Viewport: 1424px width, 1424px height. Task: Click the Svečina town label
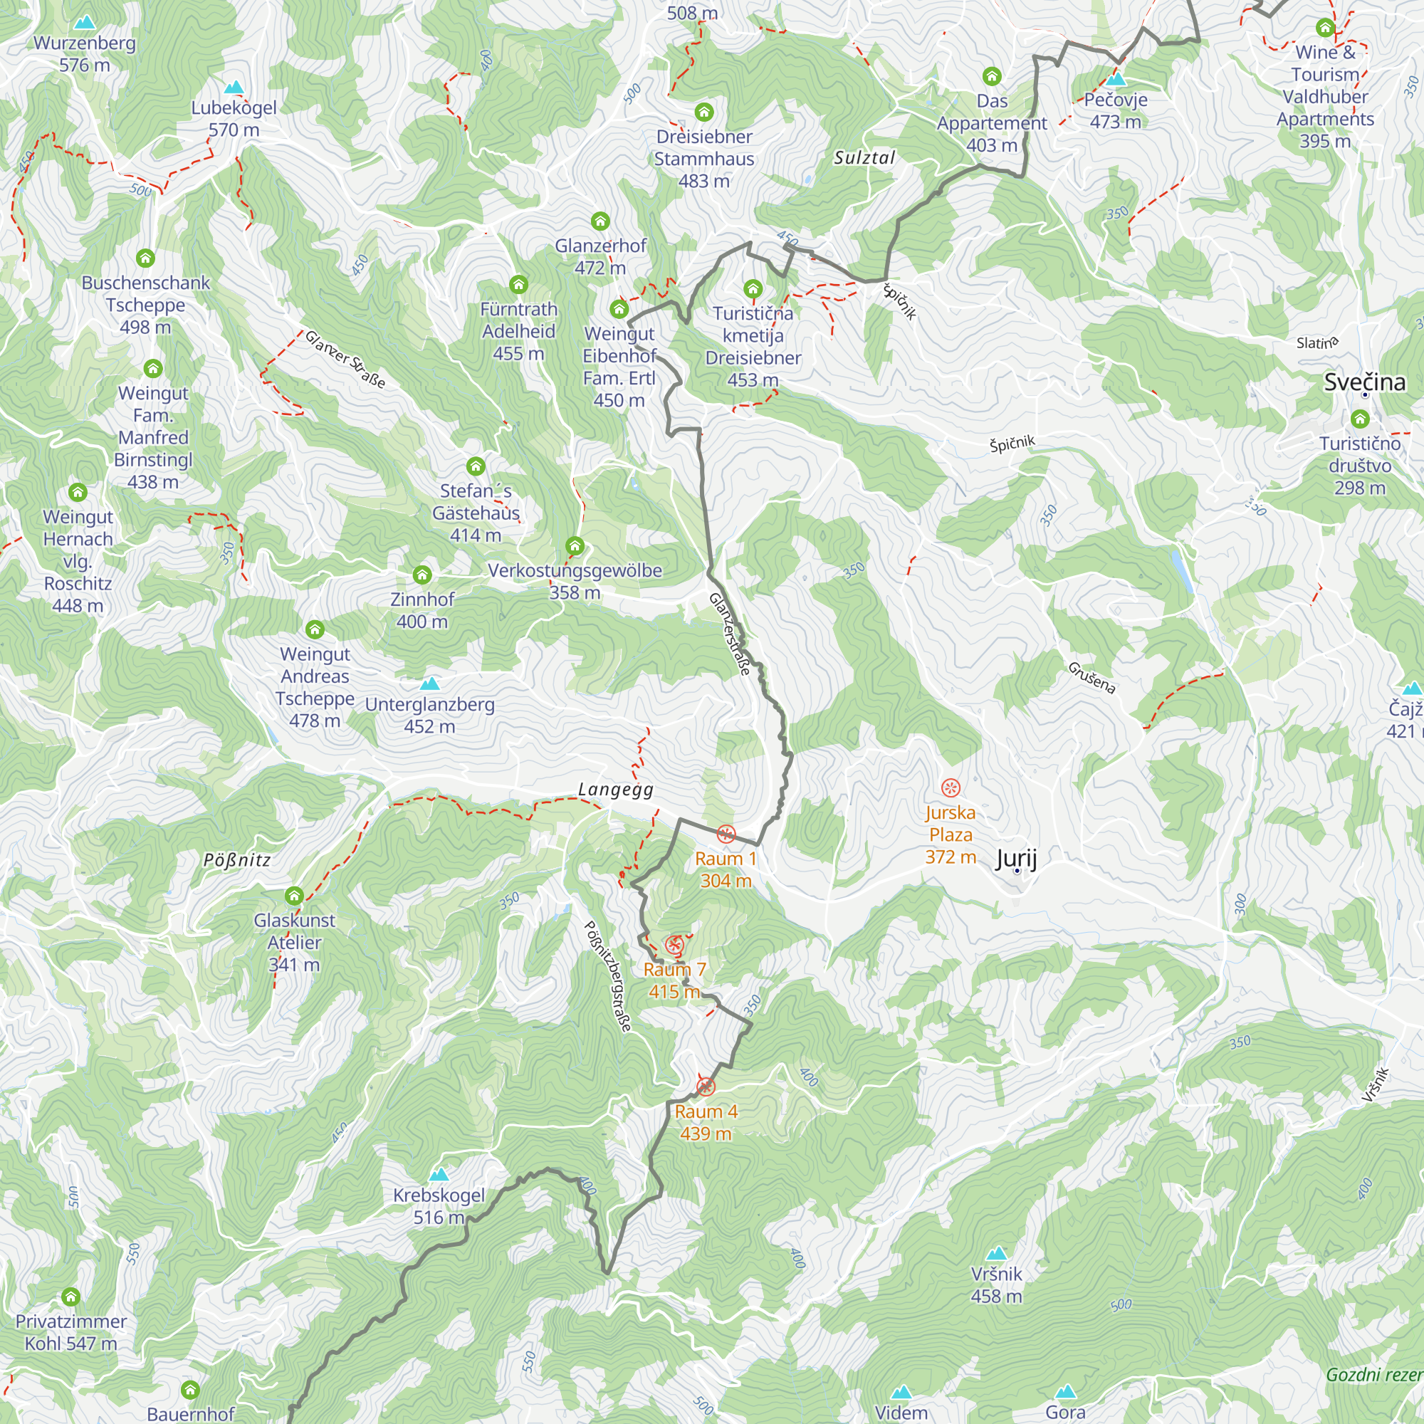pyautogui.click(x=1364, y=382)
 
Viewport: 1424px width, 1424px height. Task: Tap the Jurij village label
pyautogui.click(x=1016, y=859)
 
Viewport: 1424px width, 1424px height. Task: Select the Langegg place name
pyautogui.click(x=615, y=790)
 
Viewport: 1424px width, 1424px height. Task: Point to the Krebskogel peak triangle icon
pyautogui.click(x=439, y=1174)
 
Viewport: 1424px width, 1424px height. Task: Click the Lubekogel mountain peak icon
pyautogui.click(x=234, y=87)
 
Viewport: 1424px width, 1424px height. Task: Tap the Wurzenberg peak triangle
pyautogui.click(x=85, y=23)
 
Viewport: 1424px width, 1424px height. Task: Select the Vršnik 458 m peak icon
pyautogui.click(x=997, y=1253)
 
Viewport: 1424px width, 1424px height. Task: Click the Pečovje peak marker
pyautogui.click(x=1115, y=79)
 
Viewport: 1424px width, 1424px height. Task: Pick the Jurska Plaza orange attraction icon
pyautogui.click(x=951, y=788)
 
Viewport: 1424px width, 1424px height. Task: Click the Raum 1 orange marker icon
pyautogui.click(x=726, y=834)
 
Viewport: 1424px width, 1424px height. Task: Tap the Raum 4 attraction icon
pyautogui.click(x=706, y=1087)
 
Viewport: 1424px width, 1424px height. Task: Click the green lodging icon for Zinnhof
pyautogui.click(x=422, y=575)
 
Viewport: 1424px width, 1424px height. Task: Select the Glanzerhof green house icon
pyautogui.click(x=600, y=221)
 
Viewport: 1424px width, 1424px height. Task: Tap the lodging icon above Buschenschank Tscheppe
pyautogui.click(x=145, y=258)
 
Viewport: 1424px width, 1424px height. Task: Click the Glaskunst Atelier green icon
pyautogui.click(x=294, y=896)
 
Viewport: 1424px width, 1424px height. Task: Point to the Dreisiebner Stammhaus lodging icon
pyautogui.click(x=704, y=112)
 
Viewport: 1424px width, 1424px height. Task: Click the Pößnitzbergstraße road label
pyautogui.click(x=608, y=977)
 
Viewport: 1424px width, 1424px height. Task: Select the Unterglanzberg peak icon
pyautogui.click(x=430, y=684)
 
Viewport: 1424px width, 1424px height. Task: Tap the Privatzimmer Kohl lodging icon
pyautogui.click(x=70, y=1297)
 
